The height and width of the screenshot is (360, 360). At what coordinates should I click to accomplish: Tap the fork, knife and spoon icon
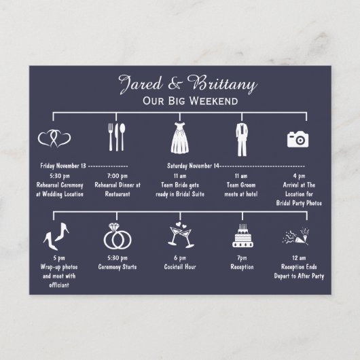coord(117,137)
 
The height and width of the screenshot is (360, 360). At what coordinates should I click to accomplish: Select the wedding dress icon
coord(180,138)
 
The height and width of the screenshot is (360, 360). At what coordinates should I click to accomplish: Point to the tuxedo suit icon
coord(242,139)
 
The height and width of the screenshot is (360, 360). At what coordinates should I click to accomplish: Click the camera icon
coord(298,139)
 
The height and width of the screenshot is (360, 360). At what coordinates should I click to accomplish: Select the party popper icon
coord(296,236)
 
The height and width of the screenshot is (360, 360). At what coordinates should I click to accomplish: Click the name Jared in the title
coord(141,84)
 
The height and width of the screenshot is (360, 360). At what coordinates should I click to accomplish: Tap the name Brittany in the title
coord(222,84)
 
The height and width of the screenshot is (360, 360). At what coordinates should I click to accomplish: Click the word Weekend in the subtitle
coord(215,101)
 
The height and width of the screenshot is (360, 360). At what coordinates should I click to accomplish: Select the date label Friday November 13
coord(63,166)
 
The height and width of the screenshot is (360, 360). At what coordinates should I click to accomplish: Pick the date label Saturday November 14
coord(193,166)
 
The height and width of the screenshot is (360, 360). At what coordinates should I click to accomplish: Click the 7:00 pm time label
coord(118,176)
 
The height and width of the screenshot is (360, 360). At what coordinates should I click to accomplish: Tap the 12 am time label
coord(299,258)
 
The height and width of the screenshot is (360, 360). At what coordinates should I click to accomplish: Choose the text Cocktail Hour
coord(180,267)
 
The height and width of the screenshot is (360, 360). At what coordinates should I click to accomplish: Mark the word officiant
coord(59,285)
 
